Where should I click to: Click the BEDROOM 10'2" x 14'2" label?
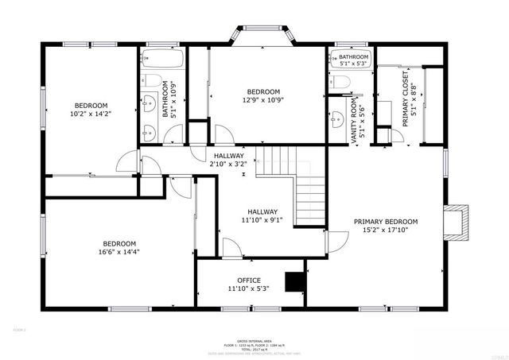(x=91, y=110)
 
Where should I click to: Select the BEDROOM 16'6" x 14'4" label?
(x=119, y=248)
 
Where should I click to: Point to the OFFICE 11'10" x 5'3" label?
(x=249, y=285)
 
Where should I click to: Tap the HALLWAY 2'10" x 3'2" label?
(x=228, y=159)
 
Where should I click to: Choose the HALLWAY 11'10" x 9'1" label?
(x=262, y=216)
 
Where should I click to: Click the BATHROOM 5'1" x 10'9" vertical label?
(x=169, y=99)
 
